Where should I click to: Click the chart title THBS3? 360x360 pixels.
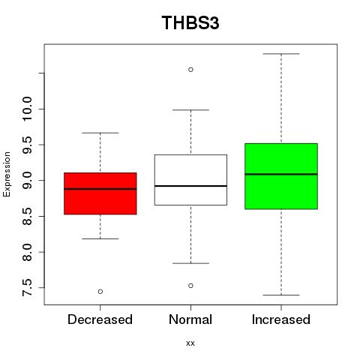190,22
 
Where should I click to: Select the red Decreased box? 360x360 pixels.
100,193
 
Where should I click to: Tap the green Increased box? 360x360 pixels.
281,176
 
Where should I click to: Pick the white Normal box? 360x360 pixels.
190,180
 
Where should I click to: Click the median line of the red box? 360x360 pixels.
100,189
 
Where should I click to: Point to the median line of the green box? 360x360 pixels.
281,174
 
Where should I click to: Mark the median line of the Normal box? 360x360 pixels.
190,186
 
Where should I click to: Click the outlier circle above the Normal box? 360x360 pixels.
190,70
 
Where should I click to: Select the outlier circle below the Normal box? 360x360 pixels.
190,286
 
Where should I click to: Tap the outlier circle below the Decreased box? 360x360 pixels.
100,292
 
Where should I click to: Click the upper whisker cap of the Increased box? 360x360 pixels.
281,54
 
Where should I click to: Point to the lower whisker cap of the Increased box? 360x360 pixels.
281,295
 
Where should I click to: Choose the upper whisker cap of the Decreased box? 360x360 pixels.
100,133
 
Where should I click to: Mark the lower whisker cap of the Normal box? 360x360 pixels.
190,263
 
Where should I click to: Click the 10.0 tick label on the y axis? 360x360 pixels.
27,109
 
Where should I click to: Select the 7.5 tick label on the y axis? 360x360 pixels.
27,288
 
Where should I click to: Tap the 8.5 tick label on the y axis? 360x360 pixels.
27,216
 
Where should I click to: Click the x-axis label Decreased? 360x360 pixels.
100,319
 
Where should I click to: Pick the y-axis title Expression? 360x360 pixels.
7,174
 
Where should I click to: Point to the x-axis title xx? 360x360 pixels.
190,343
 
